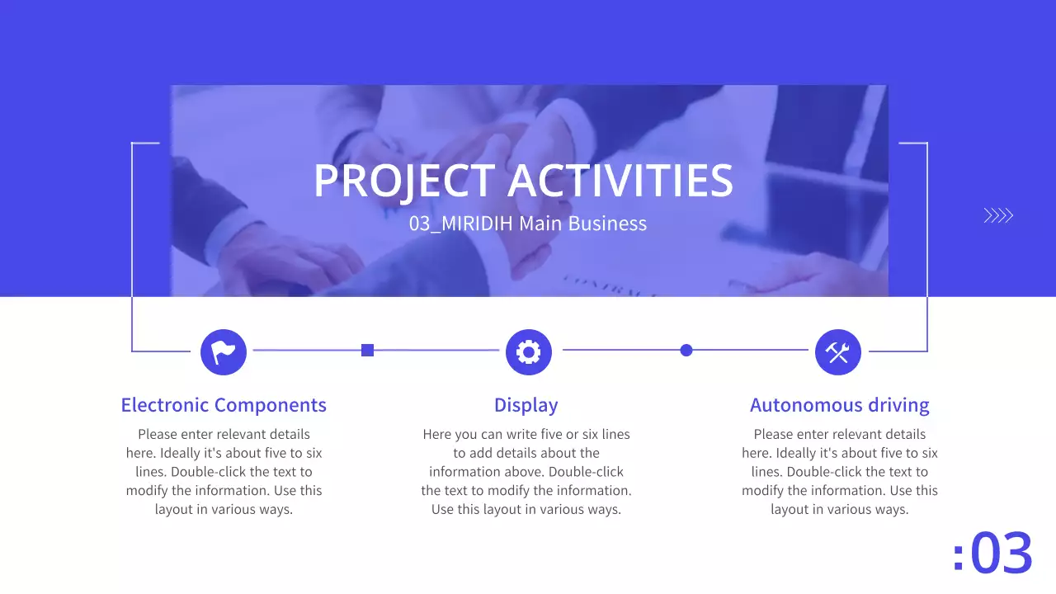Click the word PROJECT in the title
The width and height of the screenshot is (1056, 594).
403,181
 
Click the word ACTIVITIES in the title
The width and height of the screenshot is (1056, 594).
620,181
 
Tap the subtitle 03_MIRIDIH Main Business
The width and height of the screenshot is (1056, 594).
528,224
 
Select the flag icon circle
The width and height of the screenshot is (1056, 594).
224,352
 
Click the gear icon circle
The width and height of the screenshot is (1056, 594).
528,352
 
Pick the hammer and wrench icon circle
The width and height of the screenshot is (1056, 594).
837,352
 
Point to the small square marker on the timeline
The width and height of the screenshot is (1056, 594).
368,351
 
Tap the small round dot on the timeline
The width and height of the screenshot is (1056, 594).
686,351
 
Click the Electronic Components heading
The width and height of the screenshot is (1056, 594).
224,405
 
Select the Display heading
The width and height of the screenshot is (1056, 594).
526,405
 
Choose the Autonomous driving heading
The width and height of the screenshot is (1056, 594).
839,405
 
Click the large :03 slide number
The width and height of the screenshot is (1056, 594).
992,553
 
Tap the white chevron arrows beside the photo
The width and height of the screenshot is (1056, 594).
998,216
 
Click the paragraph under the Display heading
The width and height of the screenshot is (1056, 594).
526,472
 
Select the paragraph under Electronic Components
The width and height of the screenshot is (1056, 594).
224,472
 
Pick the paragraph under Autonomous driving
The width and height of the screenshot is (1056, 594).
839,472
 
